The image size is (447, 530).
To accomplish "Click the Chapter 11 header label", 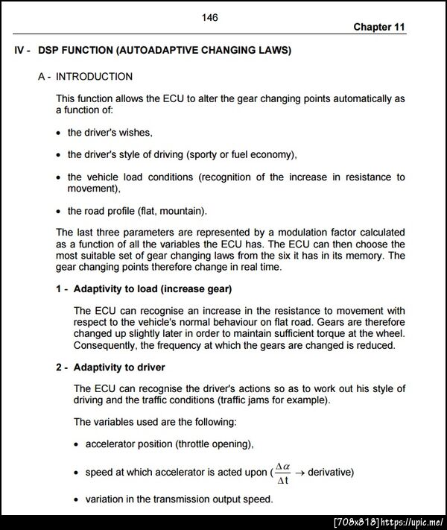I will [379, 27].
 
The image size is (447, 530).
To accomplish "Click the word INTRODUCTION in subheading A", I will [95, 76].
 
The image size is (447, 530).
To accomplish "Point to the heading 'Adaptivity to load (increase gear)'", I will [153, 288].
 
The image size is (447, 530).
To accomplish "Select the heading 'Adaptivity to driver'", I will [119, 367].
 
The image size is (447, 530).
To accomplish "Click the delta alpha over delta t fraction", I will [282, 473].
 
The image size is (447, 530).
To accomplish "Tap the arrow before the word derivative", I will [300, 473].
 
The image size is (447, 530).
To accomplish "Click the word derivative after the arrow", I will [330, 473].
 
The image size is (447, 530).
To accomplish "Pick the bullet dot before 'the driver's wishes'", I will [60, 133].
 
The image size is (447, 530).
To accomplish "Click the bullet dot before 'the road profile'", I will [60, 211].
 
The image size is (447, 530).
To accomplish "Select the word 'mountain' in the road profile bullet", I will [182, 211].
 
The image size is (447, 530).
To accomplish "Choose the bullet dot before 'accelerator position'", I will [77, 444].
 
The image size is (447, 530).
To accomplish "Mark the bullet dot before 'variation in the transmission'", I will [77, 499].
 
